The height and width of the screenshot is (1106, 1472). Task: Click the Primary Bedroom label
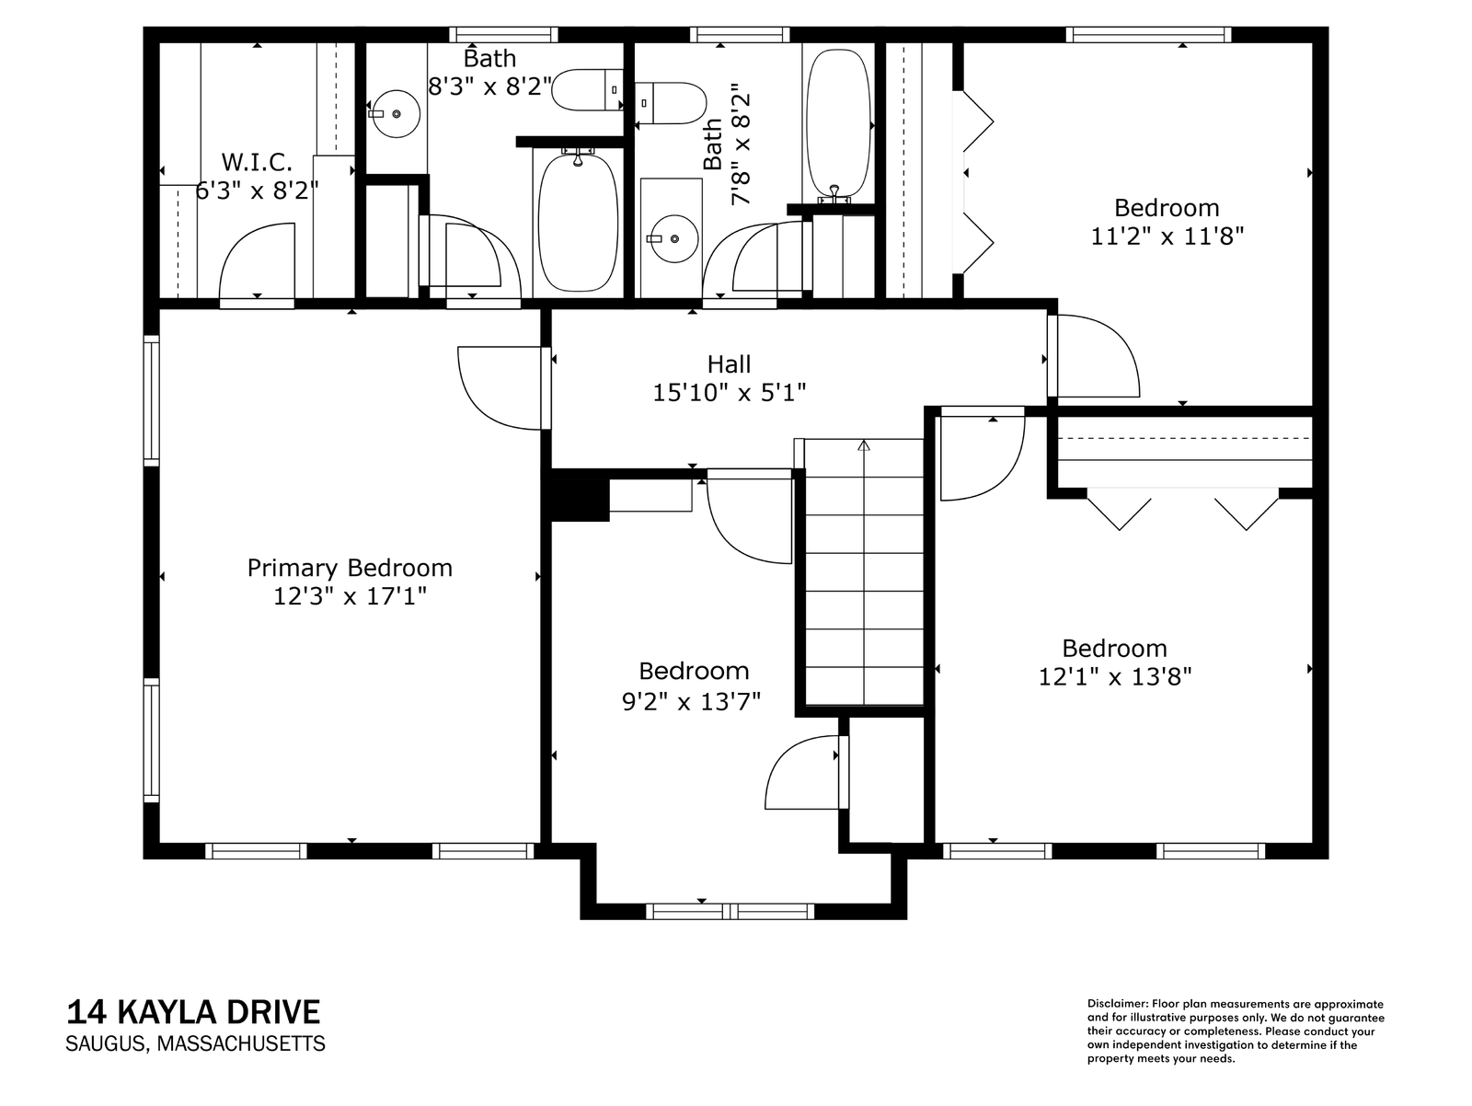click(350, 568)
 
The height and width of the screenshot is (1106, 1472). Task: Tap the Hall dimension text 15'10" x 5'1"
click(729, 392)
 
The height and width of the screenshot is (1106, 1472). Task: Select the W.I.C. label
click(257, 162)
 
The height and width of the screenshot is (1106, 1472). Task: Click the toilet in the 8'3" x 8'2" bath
click(588, 90)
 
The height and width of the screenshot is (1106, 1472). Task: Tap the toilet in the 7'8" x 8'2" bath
click(670, 103)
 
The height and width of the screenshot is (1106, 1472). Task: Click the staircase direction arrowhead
click(864, 444)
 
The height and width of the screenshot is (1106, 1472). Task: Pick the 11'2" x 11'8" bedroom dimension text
click(1167, 236)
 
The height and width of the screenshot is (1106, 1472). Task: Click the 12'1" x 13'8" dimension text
click(1114, 677)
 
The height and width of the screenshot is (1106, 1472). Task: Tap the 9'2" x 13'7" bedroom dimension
click(692, 701)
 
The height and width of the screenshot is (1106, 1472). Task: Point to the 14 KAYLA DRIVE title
click(193, 1012)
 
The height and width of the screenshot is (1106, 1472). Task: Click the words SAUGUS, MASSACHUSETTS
click(195, 1043)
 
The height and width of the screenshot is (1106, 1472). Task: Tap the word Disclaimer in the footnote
click(1117, 1004)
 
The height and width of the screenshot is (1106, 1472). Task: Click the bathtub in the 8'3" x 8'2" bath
click(578, 222)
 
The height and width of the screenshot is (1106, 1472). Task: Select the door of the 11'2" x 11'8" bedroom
click(1093, 356)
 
